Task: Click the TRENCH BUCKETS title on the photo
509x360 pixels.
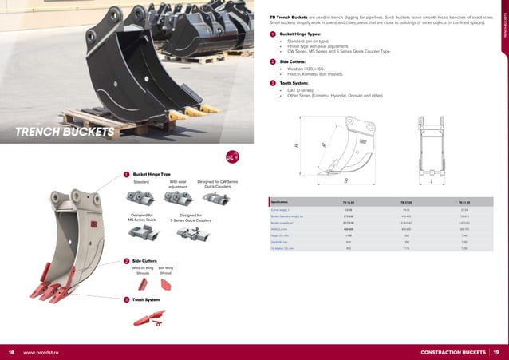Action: click(65, 132)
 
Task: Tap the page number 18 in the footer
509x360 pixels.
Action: click(11, 352)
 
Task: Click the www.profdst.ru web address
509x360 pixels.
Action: click(44, 352)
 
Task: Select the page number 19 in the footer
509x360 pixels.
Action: click(496, 352)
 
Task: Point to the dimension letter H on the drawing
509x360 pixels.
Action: click(296, 146)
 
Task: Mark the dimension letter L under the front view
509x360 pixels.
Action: click(431, 180)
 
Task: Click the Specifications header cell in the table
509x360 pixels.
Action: click(280, 203)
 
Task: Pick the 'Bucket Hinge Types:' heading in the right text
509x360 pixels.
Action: click(304, 35)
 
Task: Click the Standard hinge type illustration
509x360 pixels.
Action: click(141, 200)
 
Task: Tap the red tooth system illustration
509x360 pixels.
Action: click(148, 316)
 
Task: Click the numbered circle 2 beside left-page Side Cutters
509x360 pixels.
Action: click(125, 261)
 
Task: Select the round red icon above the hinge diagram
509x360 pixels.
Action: click(232, 156)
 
